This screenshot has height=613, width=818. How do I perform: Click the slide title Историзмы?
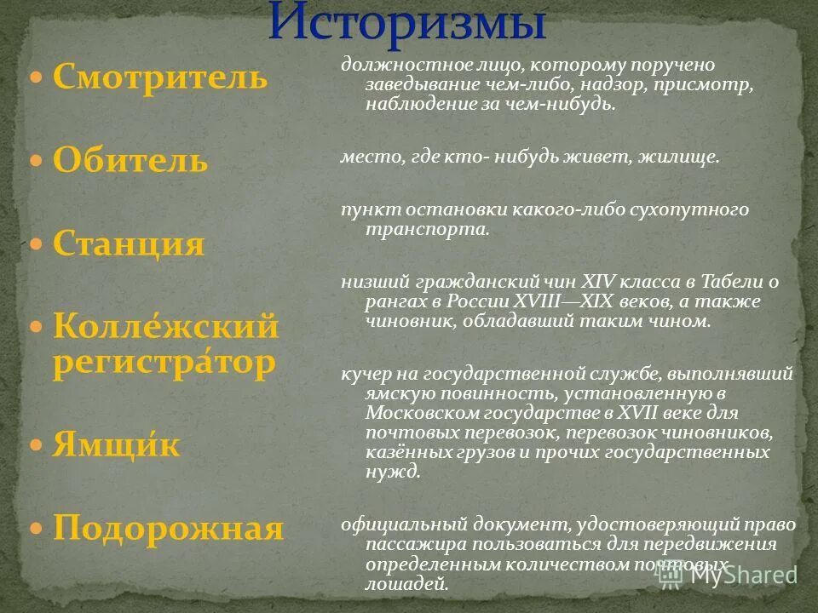[408, 23]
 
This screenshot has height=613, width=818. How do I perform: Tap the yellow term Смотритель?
[160, 77]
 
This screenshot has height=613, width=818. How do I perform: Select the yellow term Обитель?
[130, 160]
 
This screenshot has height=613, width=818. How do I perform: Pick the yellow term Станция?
[129, 244]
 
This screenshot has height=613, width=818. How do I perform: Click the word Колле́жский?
[166, 326]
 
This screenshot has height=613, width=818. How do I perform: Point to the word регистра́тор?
[164, 363]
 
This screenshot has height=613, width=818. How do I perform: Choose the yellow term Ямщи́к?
[116, 444]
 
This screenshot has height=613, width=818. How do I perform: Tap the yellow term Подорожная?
[168, 528]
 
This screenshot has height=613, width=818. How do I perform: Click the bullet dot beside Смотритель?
[36, 78]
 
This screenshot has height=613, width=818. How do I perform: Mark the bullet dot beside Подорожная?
[36, 529]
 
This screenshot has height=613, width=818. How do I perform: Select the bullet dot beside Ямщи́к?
[36, 445]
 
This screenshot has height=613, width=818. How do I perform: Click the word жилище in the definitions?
[687, 158]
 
